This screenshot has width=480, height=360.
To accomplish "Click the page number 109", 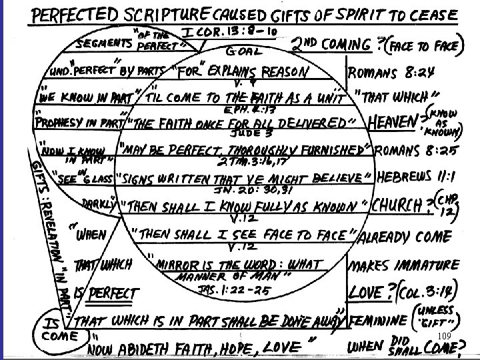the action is [446, 334].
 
